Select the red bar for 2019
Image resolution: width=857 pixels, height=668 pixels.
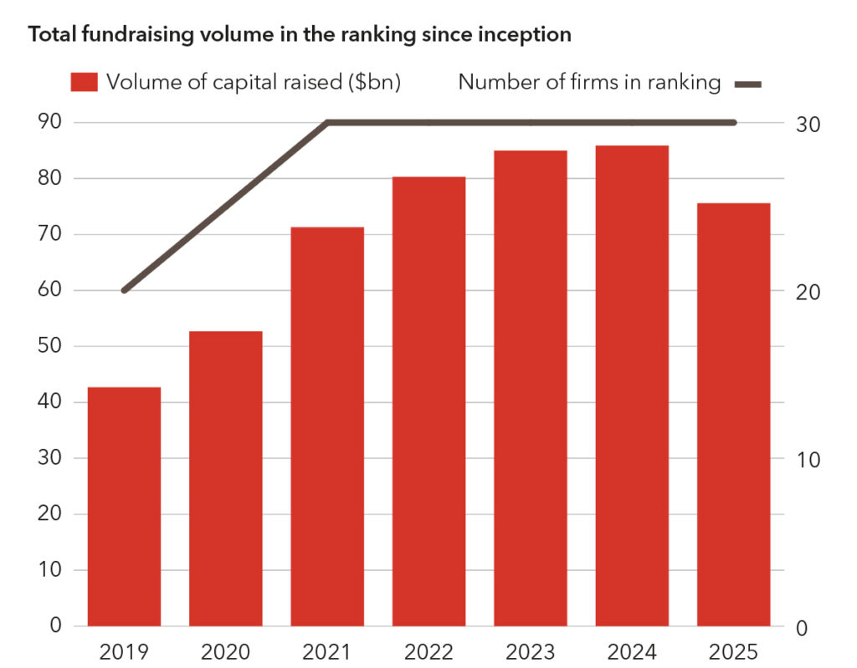click(124, 506)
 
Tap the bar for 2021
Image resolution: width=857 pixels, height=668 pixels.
click(327, 426)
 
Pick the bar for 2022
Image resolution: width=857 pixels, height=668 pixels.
click(428, 401)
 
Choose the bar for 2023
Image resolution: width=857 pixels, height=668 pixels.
click(531, 388)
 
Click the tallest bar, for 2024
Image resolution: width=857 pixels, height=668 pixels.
click(632, 385)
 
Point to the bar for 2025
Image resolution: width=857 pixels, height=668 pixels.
click(733, 414)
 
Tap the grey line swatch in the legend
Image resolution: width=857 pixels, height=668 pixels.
click(748, 83)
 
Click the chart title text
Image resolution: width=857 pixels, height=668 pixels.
click(300, 35)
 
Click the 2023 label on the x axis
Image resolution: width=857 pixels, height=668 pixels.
click(531, 651)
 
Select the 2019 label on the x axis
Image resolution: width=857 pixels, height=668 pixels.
click(124, 651)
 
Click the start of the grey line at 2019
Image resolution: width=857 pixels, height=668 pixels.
click(125, 290)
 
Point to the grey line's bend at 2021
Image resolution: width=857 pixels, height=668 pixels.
click(327, 123)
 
